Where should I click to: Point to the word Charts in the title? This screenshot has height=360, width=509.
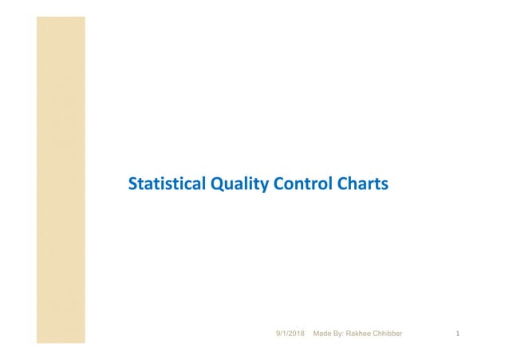tap(360, 185)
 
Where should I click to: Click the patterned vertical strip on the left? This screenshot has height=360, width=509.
tap(61, 180)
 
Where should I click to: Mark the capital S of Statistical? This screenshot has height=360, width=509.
tap(133, 185)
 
